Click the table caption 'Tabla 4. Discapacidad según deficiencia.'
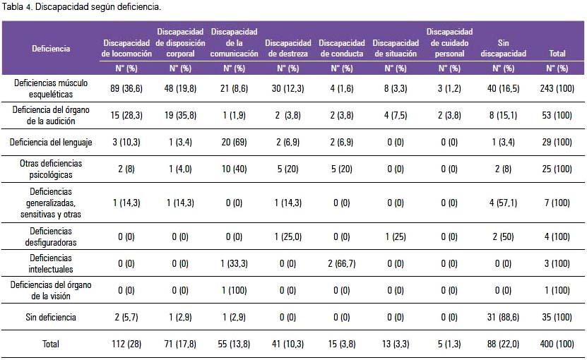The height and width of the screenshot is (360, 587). pyautogui.click(x=82, y=7)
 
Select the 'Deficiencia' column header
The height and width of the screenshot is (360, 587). pyautogui.click(x=51, y=48)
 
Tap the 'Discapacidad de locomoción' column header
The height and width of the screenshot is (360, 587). pyautogui.click(x=126, y=48)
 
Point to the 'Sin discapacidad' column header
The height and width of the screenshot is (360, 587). pyautogui.click(x=503, y=48)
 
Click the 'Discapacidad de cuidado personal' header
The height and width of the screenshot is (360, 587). pyautogui.click(x=449, y=42)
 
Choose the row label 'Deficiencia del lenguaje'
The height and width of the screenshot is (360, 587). pyautogui.click(x=51, y=142)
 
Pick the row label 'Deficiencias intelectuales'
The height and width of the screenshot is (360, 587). pyautogui.click(x=51, y=263)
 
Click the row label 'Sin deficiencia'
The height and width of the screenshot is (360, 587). pyautogui.click(x=51, y=318)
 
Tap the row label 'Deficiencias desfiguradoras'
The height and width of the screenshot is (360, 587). pyautogui.click(x=51, y=236)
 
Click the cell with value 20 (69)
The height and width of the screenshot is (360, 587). pyautogui.click(x=234, y=142)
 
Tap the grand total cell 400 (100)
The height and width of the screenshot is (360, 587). pyautogui.click(x=557, y=344)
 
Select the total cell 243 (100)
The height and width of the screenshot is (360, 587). pyautogui.click(x=557, y=88)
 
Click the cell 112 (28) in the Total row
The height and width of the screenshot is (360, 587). pyautogui.click(x=126, y=344)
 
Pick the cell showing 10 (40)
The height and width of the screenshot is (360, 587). pyautogui.click(x=234, y=169)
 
